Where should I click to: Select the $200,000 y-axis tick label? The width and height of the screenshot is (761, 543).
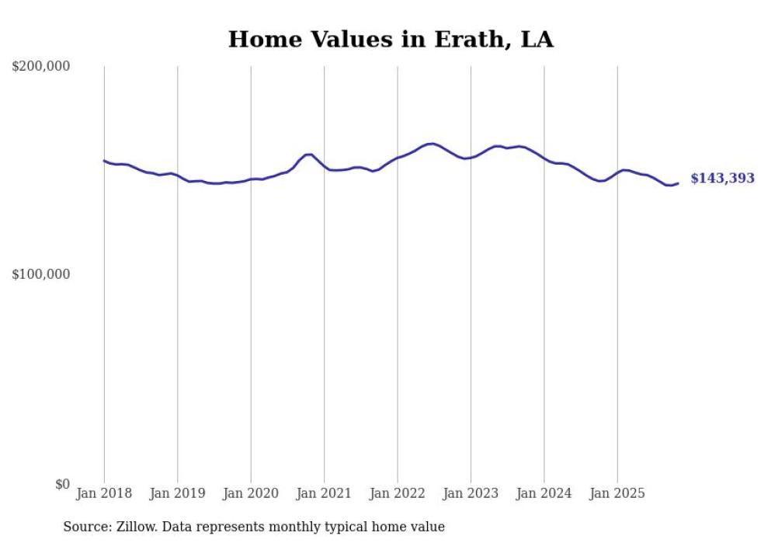41,67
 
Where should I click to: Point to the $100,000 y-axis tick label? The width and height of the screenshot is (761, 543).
41,274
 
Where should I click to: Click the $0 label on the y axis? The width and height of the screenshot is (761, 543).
61,484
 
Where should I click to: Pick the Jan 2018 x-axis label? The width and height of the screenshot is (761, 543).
104,493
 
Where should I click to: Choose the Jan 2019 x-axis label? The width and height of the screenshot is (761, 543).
177,493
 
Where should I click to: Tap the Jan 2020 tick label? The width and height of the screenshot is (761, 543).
251,493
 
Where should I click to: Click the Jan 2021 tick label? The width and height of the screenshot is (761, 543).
324,493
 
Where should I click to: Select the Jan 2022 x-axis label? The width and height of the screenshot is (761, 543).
398,493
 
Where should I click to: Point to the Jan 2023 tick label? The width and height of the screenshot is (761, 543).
471,493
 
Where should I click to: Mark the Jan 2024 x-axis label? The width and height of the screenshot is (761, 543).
544,493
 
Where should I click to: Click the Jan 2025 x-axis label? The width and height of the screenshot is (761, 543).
617,493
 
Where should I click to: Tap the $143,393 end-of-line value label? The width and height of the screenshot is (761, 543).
722,179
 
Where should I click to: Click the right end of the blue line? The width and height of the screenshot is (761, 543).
678,183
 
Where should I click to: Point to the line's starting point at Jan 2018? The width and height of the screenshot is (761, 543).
104,161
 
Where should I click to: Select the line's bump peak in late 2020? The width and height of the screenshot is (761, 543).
308,155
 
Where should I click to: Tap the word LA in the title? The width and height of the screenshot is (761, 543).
537,40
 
